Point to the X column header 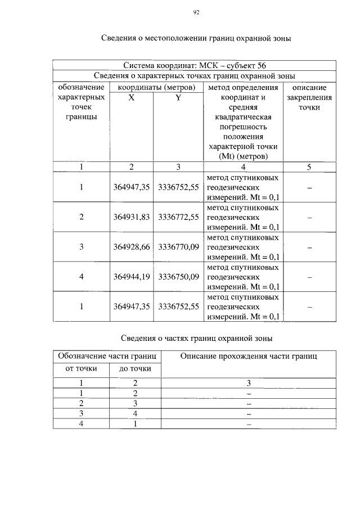point(131,97)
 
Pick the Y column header point(178,97)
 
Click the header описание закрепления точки point(309,97)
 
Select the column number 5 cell point(309,166)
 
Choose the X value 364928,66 point(131,246)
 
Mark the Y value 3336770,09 point(179,246)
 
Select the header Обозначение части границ point(107,356)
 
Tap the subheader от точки point(81,369)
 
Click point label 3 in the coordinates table point(82,246)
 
